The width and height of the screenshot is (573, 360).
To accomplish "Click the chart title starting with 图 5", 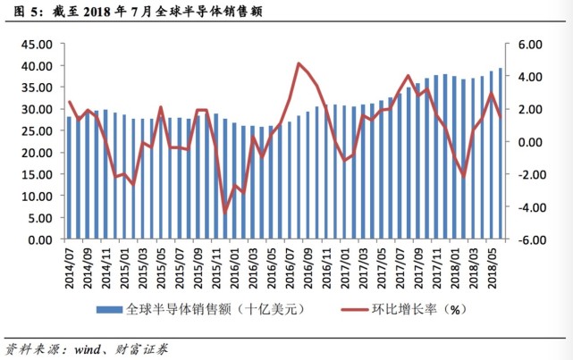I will (x=115, y=11).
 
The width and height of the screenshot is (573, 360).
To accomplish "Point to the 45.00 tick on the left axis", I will (x=40, y=45).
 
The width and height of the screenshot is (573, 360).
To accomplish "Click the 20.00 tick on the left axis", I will (x=40, y=154).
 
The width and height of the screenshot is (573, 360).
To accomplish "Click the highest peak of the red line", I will (x=299, y=63).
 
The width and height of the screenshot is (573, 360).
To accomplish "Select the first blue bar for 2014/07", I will (x=69, y=179).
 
